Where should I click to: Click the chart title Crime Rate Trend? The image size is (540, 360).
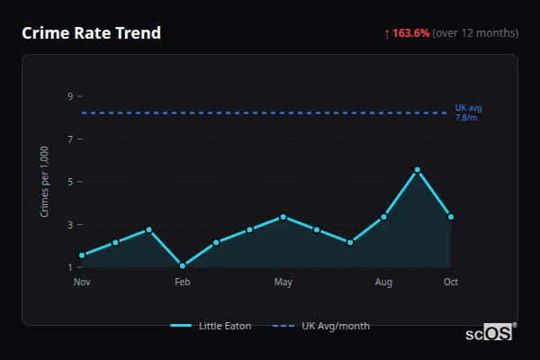pyautogui.click(x=91, y=33)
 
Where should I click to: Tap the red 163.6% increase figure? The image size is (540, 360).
pyautogui.click(x=410, y=33)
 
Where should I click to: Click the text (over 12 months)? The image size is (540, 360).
pyautogui.click(x=475, y=33)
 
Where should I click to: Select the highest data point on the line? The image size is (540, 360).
pyautogui.click(x=417, y=170)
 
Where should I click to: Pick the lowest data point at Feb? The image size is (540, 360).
pyautogui.click(x=183, y=265)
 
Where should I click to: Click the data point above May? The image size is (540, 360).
pyautogui.click(x=283, y=217)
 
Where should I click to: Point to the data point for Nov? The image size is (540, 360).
pyautogui.click(x=82, y=256)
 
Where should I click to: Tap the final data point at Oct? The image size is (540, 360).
pyautogui.click(x=451, y=217)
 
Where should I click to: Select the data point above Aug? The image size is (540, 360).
pyautogui.click(x=383, y=217)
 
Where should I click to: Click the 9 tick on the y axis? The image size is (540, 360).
pyautogui.click(x=69, y=95)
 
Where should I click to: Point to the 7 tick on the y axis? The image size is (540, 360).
pyautogui.click(x=69, y=139)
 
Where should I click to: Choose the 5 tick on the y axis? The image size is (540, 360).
pyautogui.click(x=69, y=181)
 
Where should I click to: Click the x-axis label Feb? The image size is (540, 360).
pyautogui.click(x=183, y=283)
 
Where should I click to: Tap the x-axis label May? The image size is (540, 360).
pyautogui.click(x=283, y=283)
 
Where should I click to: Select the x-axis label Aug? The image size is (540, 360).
pyautogui.click(x=383, y=283)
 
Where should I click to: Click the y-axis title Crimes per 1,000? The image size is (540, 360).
pyautogui.click(x=45, y=181)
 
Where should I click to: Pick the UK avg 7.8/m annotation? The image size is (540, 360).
pyautogui.click(x=468, y=112)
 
